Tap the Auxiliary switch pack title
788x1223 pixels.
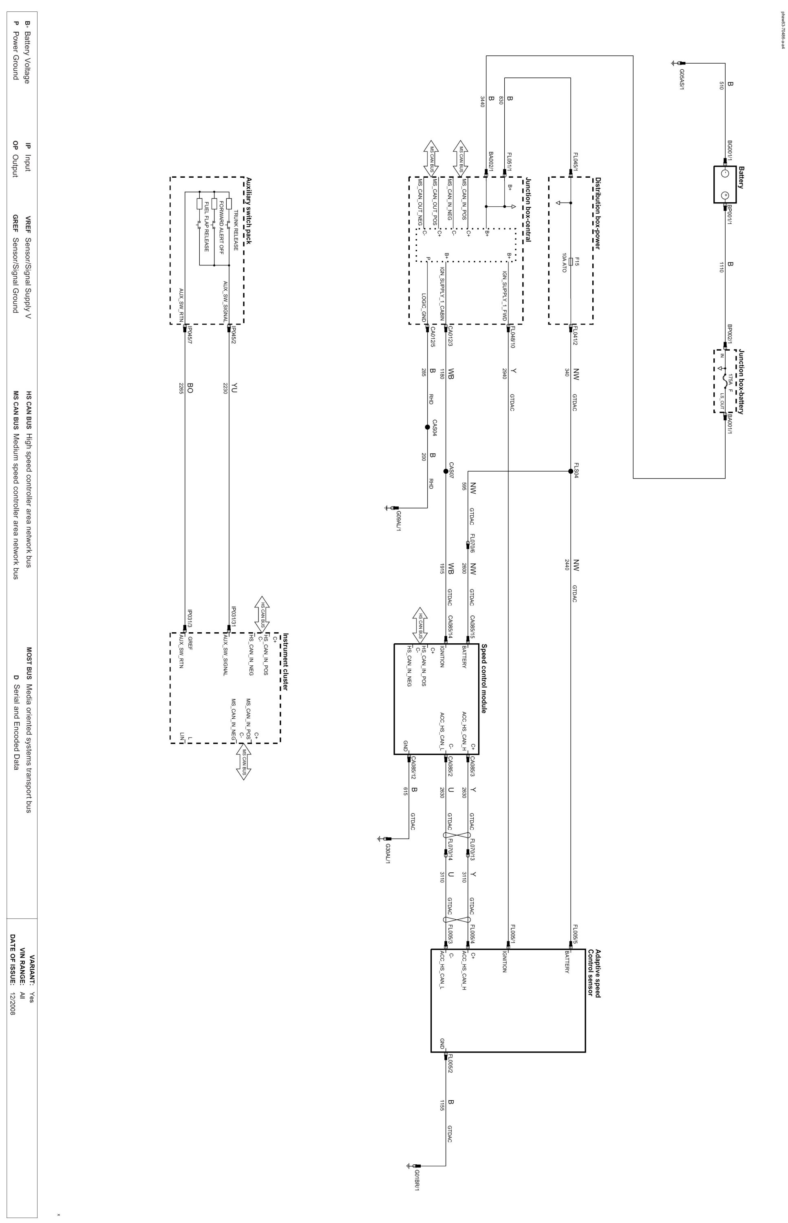[249, 211]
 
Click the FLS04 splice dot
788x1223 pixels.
[571, 471]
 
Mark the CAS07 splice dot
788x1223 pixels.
[446, 471]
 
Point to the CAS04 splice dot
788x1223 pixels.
[427, 427]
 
